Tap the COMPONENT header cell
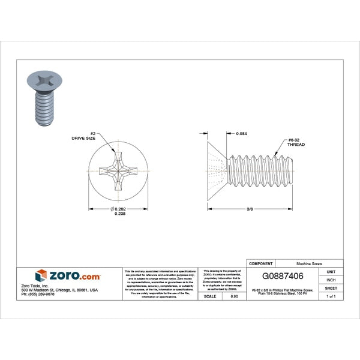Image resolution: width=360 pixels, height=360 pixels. [261, 263]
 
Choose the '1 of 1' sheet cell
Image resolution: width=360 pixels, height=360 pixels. [331, 296]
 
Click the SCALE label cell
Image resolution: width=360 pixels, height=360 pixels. [211, 296]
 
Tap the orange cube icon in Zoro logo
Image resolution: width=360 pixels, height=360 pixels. [41, 276]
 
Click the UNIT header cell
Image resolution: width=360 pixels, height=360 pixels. [331, 272]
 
